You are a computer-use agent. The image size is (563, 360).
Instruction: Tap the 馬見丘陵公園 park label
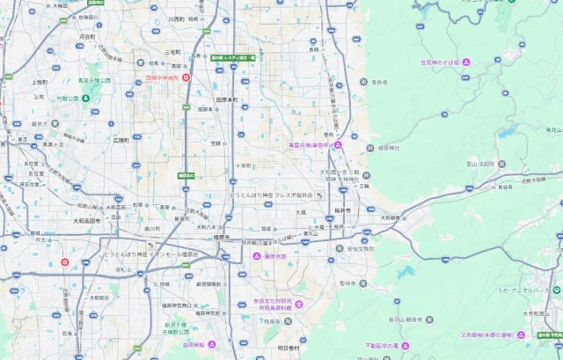pos(94,80)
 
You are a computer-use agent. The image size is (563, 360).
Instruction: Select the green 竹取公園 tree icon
pos(85,98)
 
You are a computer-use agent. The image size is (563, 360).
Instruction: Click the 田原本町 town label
pos(228,99)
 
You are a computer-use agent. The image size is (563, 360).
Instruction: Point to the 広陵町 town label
pos(121,139)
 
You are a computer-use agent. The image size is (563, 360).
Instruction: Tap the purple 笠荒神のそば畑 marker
pos(466,62)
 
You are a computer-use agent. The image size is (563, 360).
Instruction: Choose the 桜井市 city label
pos(342,211)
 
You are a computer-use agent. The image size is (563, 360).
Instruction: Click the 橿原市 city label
pos(221,238)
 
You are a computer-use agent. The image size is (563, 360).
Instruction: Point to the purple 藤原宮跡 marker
pos(258,256)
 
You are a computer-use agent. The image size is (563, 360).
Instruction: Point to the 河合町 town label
pos(86,37)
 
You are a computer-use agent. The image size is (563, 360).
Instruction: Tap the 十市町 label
pos(245,165)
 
